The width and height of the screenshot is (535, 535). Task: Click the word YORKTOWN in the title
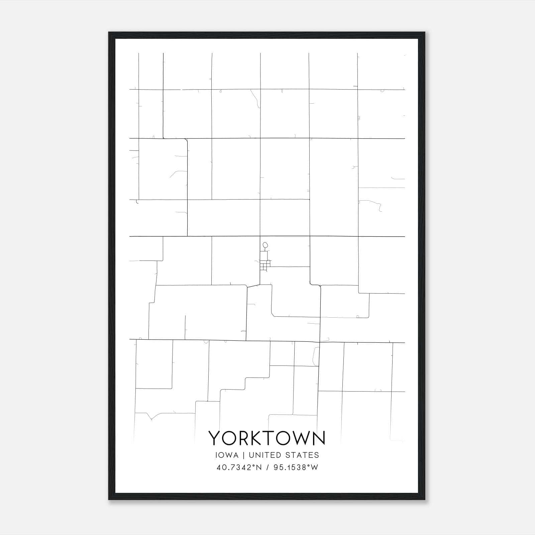pyautogui.click(x=267, y=438)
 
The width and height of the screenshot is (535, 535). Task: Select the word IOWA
pyautogui.click(x=227, y=455)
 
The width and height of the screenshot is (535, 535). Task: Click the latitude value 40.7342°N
pyautogui.click(x=239, y=467)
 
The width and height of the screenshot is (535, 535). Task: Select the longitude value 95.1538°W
pyautogui.click(x=296, y=467)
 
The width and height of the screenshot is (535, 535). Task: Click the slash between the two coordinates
pyautogui.click(x=268, y=467)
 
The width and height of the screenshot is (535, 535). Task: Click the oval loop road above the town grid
pyautogui.click(x=265, y=245)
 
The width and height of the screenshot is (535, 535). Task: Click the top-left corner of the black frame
pyautogui.click(x=109, y=33)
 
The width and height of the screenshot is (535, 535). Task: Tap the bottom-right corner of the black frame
pyautogui.click(x=425, y=500)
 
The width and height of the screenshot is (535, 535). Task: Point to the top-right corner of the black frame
pyautogui.click(x=425, y=33)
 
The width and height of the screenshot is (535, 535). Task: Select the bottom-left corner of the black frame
pyautogui.click(x=109, y=500)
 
